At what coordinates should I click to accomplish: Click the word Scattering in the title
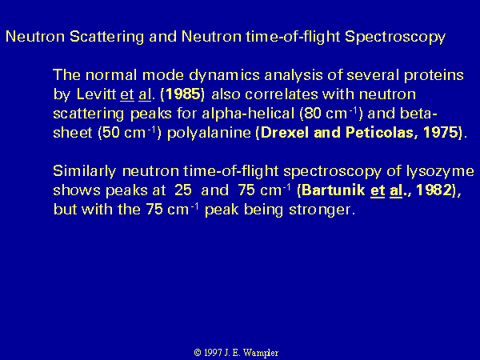[x=106, y=37]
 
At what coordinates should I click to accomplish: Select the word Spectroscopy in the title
[x=395, y=37]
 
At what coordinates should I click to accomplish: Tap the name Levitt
[x=96, y=94]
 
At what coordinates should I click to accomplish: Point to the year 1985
[x=182, y=94]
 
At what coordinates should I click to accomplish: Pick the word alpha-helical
[x=248, y=114]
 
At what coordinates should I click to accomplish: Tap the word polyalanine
[x=209, y=134]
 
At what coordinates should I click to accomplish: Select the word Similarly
[x=85, y=171]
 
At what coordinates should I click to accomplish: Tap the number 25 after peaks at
[x=183, y=190]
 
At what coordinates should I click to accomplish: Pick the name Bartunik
[x=334, y=190]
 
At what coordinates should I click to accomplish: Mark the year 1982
[x=434, y=190]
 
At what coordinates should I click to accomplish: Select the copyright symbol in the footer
[x=198, y=353]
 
